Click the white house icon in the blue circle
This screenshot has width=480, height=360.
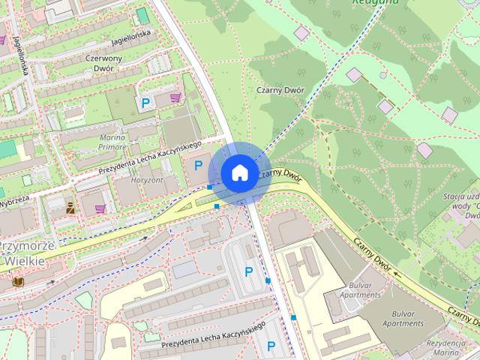click(x=238, y=173)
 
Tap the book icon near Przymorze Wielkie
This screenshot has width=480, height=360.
click(x=18, y=281)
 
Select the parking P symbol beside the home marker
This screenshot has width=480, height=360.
click(x=199, y=165)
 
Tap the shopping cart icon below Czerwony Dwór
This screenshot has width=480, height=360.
click(x=175, y=97)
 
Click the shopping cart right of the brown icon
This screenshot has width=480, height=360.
click(x=100, y=209)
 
